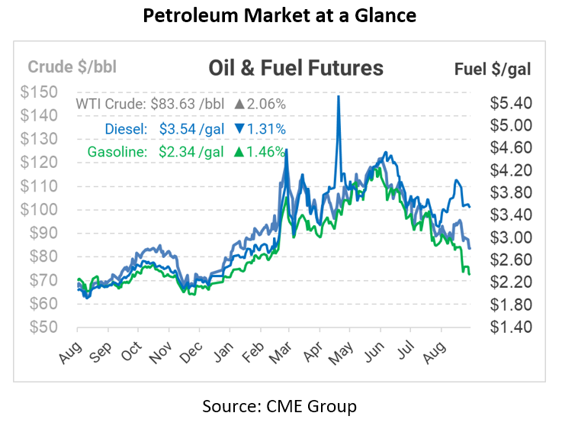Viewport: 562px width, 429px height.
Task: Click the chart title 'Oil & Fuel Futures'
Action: (x=296, y=68)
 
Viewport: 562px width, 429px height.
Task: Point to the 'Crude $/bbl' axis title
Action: (x=72, y=66)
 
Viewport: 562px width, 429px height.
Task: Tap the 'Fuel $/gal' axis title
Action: (x=493, y=69)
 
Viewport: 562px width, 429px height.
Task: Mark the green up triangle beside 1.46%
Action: (x=239, y=152)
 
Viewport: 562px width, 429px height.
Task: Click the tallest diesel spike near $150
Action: (x=338, y=98)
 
